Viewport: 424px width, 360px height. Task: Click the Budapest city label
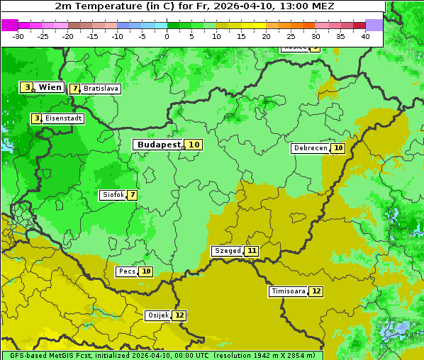pos(159,145)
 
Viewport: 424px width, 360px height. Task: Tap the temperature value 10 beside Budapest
pos(194,145)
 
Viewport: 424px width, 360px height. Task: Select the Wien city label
pos(50,87)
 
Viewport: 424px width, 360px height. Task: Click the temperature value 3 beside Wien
pos(27,87)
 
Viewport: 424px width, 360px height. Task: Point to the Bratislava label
pos(101,89)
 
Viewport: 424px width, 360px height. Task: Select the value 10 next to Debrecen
pos(338,148)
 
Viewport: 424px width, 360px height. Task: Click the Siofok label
pos(113,195)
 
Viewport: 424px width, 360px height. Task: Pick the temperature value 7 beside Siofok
pos(132,195)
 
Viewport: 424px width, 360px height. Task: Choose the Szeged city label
pos(228,251)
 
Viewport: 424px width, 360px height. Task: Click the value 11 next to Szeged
pos(252,251)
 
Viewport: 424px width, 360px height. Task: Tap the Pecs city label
pos(127,271)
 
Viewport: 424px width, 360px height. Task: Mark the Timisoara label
pos(289,291)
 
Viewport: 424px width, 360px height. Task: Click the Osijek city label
pos(158,315)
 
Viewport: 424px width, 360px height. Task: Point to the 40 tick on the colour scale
pos(365,36)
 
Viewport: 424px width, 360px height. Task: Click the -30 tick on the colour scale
pos(18,36)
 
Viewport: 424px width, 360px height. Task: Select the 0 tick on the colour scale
pos(167,36)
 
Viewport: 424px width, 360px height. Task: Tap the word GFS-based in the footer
pos(26,355)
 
